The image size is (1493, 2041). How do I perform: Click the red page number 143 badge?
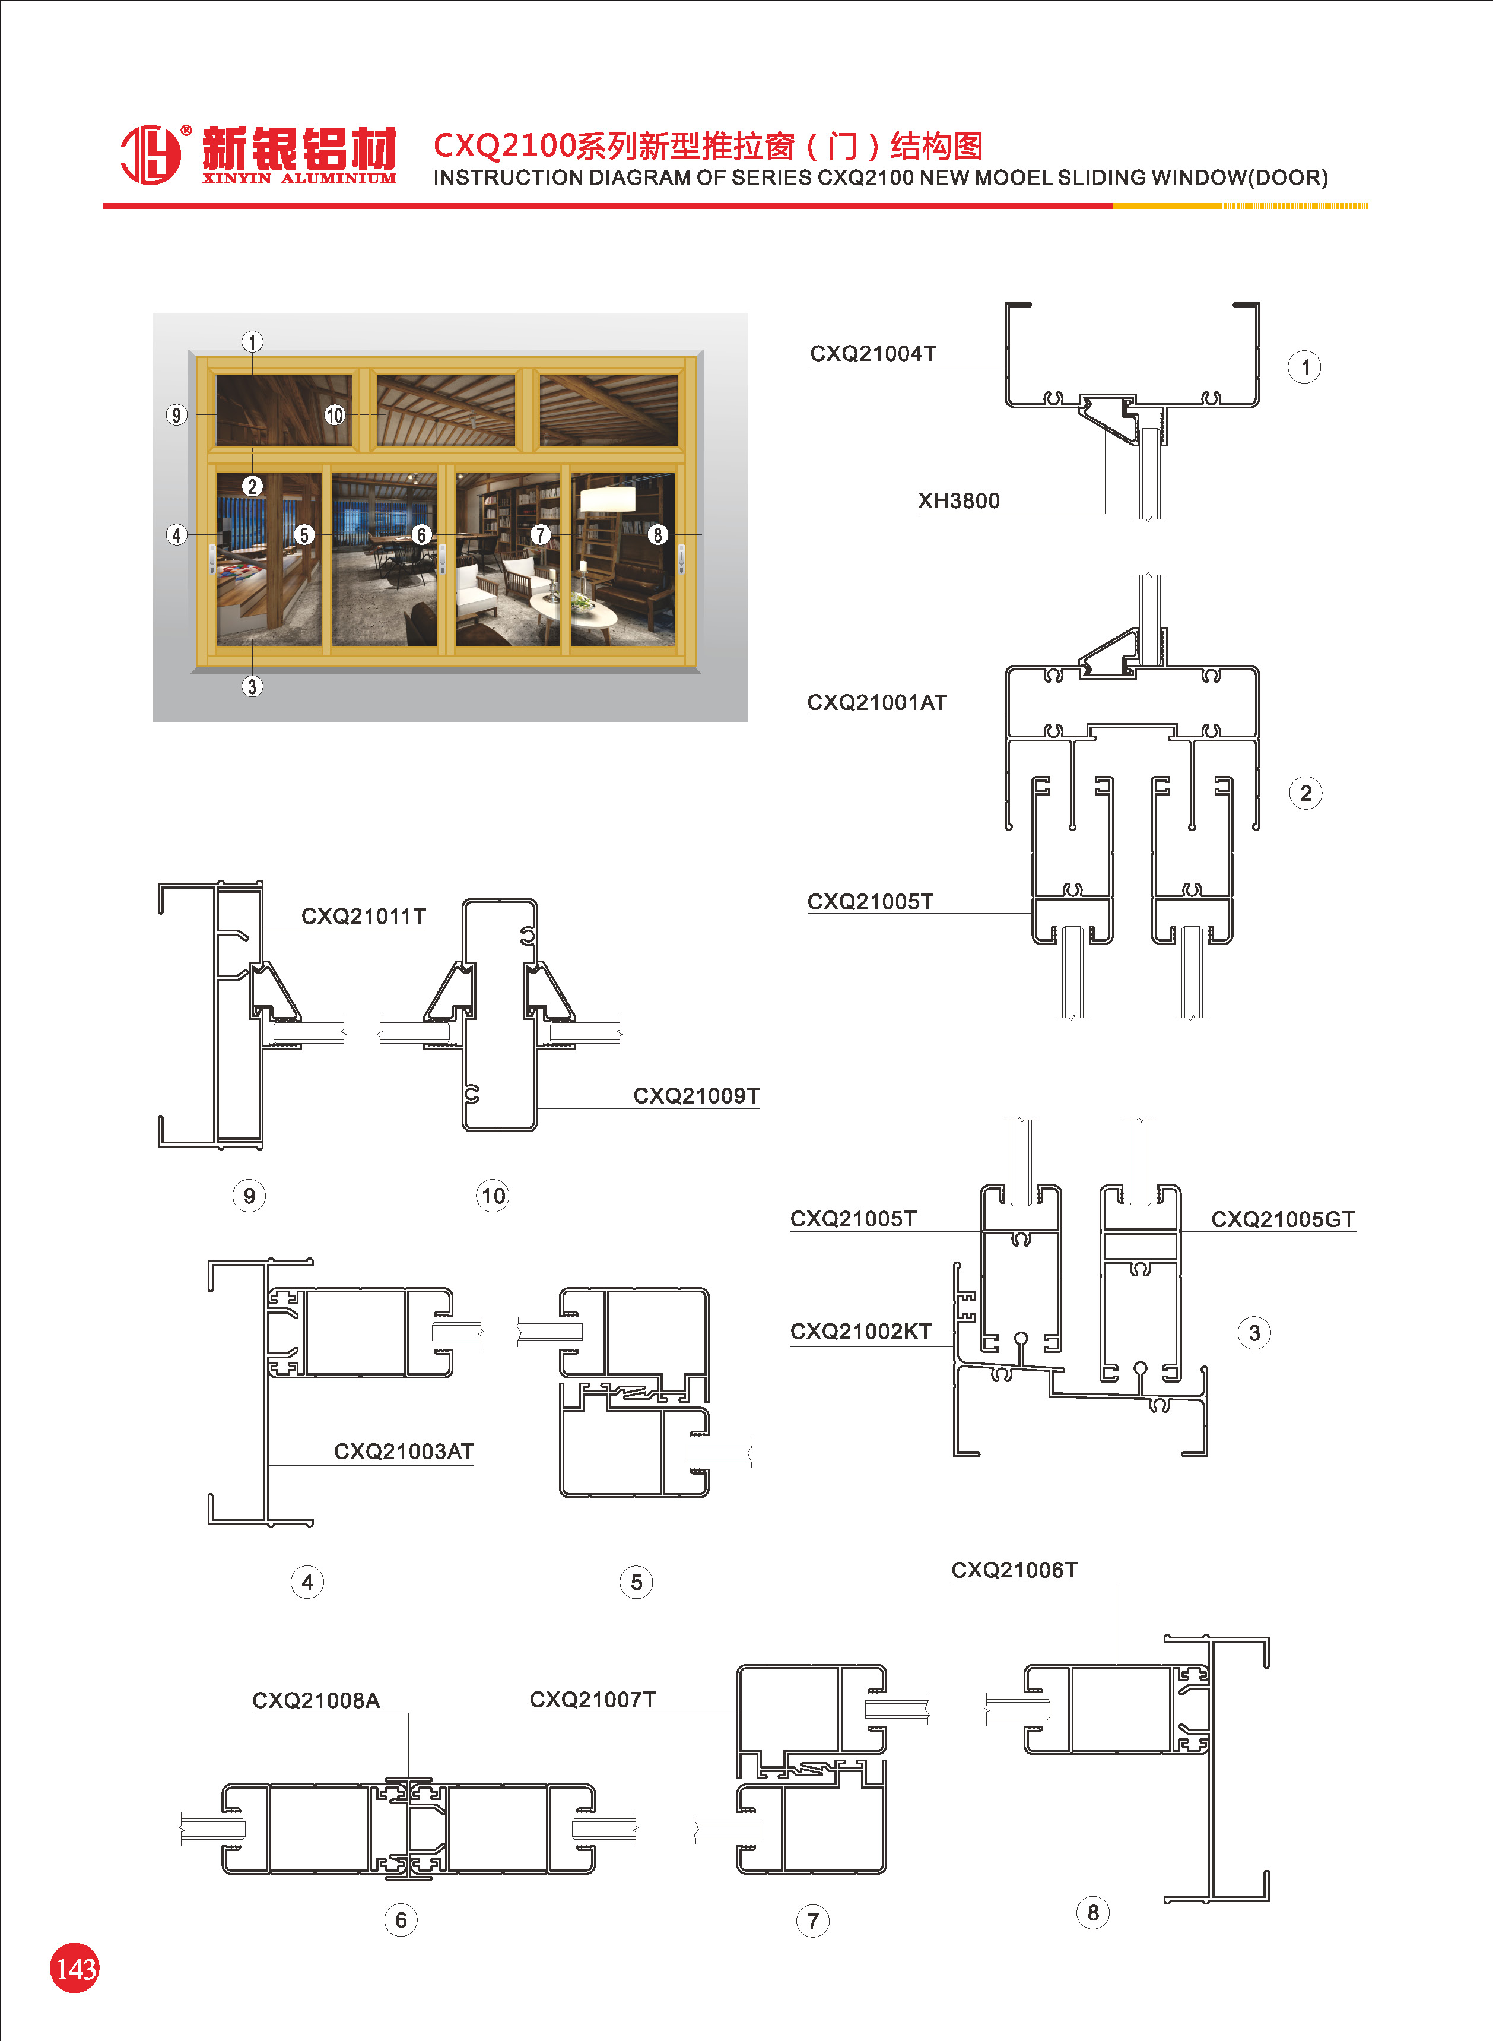pyautogui.click(x=74, y=1968)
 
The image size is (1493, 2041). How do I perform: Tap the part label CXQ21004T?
pyautogui.click(x=873, y=353)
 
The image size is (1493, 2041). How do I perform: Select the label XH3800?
pyautogui.click(x=959, y=501)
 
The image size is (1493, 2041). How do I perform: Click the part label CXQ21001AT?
pyautogui.click(x=876, y=702)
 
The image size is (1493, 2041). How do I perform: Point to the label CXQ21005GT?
pyautogui.click(x=1282, y=1219)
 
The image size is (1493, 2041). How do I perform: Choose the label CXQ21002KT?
pyautogui.click(x=860, y=1332)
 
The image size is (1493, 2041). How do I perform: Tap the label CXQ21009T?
pyautogui.click(x=696, y=1095)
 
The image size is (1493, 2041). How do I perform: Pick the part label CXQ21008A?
pyautogui.click(x=316, y=1700)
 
